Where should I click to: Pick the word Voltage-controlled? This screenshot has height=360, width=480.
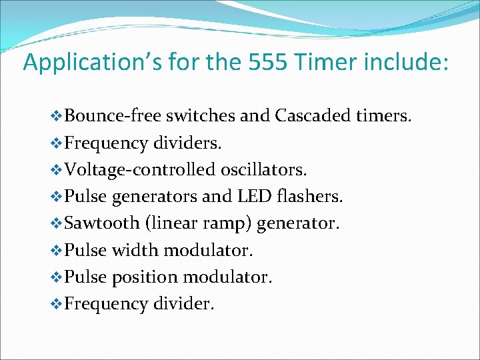point(136,170)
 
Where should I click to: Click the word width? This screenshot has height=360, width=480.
point(136,250)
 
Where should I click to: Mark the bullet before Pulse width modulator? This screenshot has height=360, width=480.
point(56,250)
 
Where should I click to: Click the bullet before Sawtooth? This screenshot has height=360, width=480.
point(56,223)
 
